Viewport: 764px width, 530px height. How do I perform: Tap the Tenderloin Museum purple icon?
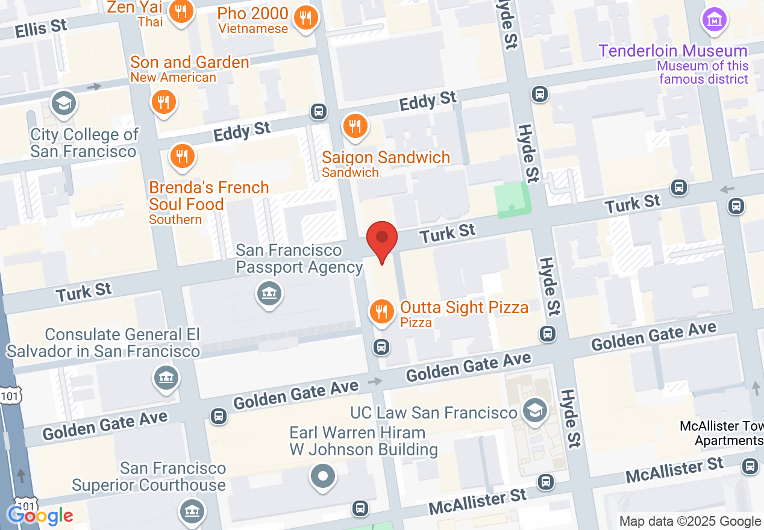point(715,20)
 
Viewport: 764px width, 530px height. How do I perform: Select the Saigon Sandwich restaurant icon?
point(355,126)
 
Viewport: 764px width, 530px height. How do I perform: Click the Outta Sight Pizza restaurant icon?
point(381,311)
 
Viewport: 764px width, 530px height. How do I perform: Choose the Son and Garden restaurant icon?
point(163,101)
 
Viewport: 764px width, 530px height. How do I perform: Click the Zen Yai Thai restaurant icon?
point(180,11)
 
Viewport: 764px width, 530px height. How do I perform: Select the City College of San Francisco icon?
point(63,103)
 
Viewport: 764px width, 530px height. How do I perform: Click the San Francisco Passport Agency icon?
point(269,294)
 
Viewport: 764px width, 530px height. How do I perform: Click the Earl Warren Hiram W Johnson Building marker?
point(323,475)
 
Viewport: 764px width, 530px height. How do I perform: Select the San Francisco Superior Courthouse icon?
point(191,511)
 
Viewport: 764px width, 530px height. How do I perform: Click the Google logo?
point(40,516)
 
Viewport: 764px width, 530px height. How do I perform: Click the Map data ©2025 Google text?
point(689,522)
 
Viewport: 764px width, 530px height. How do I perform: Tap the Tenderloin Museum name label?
point(672,51)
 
